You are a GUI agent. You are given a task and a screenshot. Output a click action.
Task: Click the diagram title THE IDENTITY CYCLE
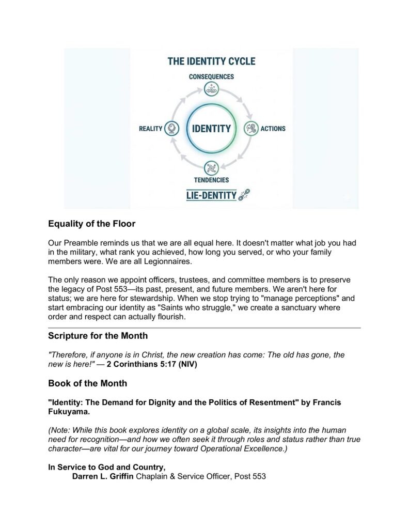[x=211, y=61]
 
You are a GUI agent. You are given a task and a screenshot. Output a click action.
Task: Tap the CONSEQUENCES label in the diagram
[x=211, y=76]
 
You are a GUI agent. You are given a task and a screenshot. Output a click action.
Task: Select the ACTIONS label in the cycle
[x=273, y=128]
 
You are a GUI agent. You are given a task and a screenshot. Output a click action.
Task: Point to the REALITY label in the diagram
[x=150, y=129]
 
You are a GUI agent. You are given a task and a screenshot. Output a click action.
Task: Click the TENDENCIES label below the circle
[x=211, y=180]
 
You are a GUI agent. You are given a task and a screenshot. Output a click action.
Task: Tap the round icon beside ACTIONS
[x=251, y=129]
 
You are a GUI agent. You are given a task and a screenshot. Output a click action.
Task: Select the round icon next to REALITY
[x=171, y=129]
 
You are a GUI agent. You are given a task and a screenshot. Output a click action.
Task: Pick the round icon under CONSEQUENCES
[x=211, y=89]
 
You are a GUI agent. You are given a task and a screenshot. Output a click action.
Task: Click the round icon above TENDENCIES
[x=211, y=168]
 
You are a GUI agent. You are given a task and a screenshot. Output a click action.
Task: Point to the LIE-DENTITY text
[x=211, y=195]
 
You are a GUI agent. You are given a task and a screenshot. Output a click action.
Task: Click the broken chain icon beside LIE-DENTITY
[x=244, y=195]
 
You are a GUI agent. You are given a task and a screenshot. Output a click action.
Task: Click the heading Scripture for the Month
[x=98, y=336]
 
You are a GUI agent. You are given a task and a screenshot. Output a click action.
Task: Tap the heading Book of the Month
[x=87, y=384]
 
